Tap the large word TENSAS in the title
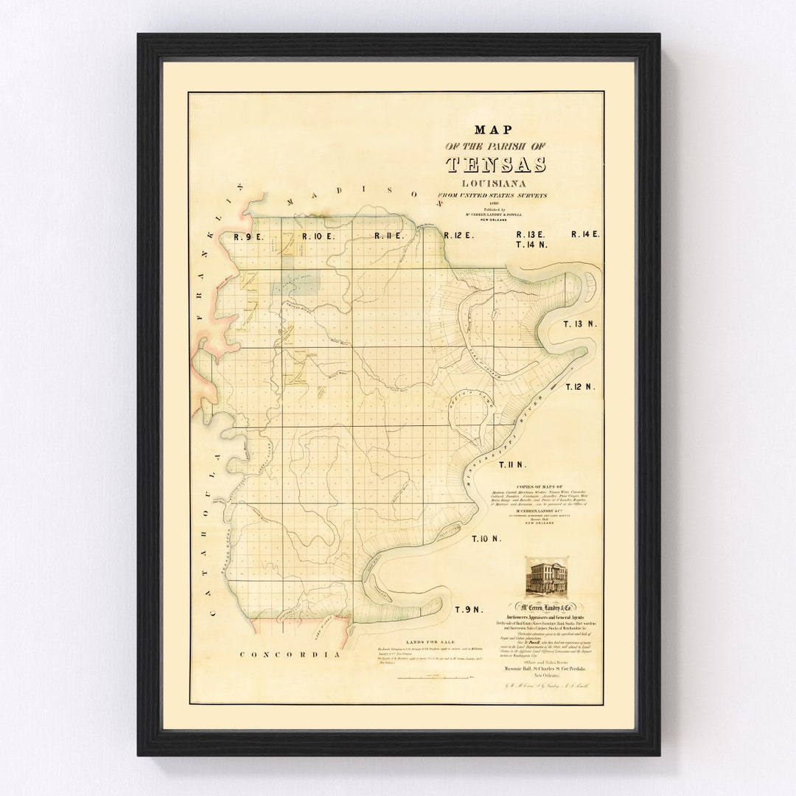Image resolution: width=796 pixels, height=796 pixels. click(x=496, y=164)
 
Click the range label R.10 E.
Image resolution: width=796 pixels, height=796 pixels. click(x=319, y=237)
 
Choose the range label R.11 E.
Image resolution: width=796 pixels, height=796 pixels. click(x=388, y=237)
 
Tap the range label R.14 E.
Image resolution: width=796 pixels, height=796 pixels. click(x=586, y=234)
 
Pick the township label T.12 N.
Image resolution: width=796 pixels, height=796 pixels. click(x=580, y=386)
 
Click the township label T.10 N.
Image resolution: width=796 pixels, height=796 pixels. click(x=486, y=539)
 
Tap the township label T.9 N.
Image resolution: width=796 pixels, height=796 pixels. click(x=468, y=610)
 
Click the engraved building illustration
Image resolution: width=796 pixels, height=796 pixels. click(x=545, y=576)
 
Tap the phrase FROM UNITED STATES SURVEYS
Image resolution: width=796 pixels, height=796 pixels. click(x=493, y=195)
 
